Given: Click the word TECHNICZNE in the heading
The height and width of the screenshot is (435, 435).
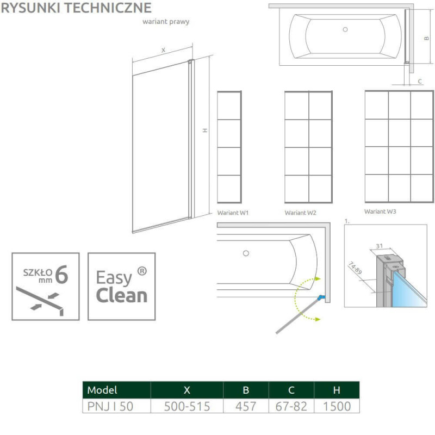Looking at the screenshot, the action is [x=113, y=8].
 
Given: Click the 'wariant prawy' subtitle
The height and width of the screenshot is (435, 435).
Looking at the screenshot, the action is [x=166, y=22].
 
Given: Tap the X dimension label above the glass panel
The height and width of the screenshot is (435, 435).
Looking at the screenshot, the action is [x=164, y=50].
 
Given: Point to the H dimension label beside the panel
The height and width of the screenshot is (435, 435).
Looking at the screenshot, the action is [x=205, y=130].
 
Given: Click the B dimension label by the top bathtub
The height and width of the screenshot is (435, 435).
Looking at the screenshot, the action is [x=427, y=38].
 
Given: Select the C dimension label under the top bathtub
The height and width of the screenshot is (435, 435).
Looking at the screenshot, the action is [x=420, y=81].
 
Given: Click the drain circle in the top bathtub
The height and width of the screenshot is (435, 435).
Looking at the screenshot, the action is [x=345, y=29].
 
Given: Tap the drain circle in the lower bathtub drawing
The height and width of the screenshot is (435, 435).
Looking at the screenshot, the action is [x=246, y=253].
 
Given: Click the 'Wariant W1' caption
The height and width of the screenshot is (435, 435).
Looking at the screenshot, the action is [x=233, y=213].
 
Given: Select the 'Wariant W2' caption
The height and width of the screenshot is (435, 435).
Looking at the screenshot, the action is [x=301, y=213].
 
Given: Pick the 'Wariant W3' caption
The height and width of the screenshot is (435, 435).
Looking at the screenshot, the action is [x=380, y=212].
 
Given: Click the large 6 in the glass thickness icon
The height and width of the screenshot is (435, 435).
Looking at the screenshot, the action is [x=61, y=275].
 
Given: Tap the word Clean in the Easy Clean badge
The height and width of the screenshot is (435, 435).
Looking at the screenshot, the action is [x=121, y=295].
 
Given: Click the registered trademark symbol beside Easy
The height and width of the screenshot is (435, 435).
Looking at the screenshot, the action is [x=142, y=271].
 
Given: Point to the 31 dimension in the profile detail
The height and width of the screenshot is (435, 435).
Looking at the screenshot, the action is [x=379, y=246].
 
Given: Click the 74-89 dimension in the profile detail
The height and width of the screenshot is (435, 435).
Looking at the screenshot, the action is [x=355, y=268].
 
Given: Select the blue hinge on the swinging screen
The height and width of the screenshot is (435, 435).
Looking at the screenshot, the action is [x=321, y=297].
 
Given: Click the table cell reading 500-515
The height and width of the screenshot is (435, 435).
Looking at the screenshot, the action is [x=187, y=406].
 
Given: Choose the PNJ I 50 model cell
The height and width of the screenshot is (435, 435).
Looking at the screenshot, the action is [x=110, y=406].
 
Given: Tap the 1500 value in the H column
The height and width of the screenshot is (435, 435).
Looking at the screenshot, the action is [x=337, y=406].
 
